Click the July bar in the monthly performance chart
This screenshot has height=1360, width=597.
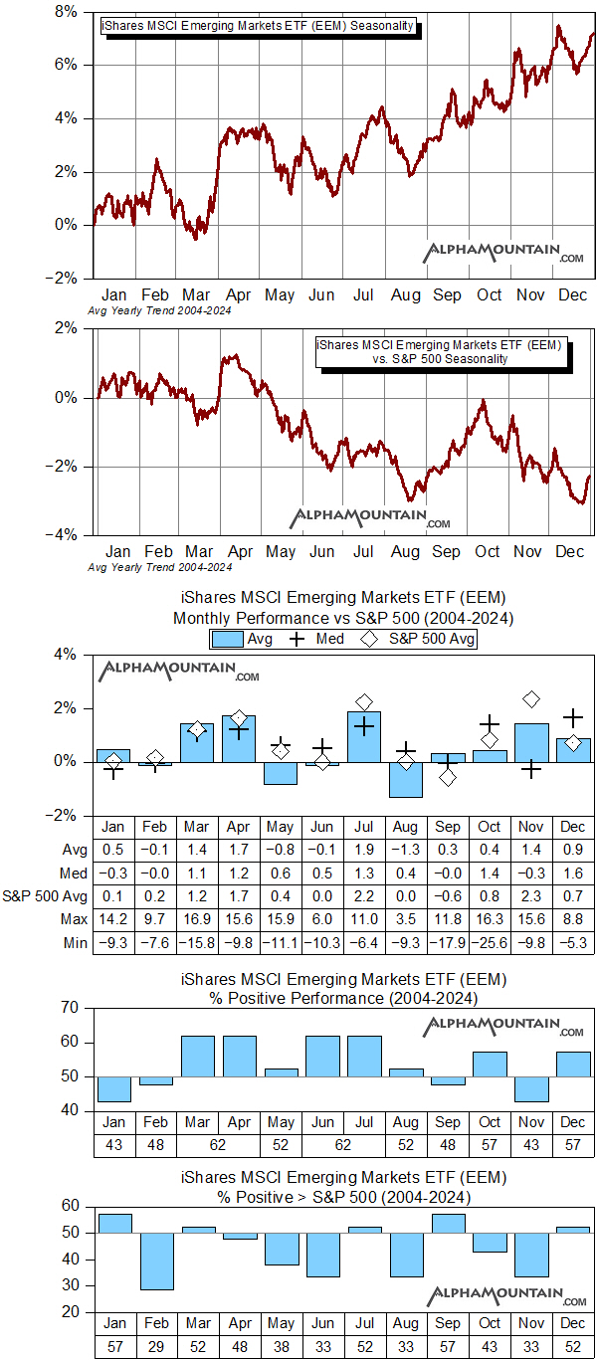click(x=364, y=737)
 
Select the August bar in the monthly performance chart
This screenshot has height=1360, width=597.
click(x=406, y=779)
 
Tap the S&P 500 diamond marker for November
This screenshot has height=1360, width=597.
click(x=531, y=699)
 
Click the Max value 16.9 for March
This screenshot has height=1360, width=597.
click(x=197, y=918)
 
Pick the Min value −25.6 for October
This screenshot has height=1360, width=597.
click(x=490, y=942)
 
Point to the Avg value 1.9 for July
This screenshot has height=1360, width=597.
click(x=364, y=849)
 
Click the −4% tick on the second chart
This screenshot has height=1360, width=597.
click(x=68, y=535)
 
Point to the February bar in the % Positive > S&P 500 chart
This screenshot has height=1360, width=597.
click(x=156, y=1262)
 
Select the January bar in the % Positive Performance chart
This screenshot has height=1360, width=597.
click(x=114, y=1088)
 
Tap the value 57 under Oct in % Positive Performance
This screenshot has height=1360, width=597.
click(x=490, y=1146)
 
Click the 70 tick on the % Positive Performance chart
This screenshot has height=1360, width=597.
click(x=69, y=1008)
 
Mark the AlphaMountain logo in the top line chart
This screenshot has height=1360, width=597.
click(x=505, y=253)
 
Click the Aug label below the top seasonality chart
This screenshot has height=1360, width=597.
click(x=405, y=295)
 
